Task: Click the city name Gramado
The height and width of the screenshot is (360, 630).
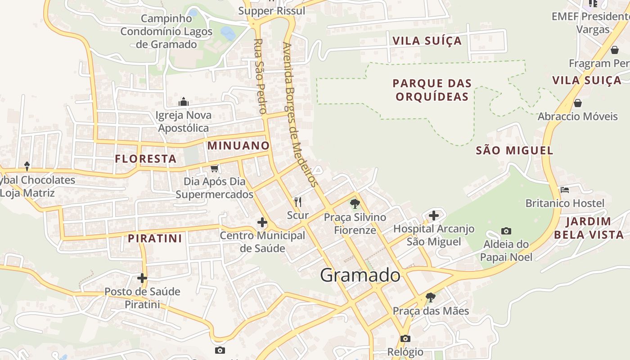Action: pyautogui.click(x=360, y=275)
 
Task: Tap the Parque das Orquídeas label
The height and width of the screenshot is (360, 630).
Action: pyautogui.click(x=432, y=90)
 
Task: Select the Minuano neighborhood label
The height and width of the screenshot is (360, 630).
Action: pyautogui.click(x=238, y=145)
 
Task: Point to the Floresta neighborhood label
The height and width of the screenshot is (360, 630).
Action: pyautogui.click(x=146, y=158)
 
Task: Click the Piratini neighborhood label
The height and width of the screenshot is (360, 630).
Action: pyautogui.click(x=155, y=238)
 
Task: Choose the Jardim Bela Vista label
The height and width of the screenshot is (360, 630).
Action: pyautogui.click(x=589, y=228)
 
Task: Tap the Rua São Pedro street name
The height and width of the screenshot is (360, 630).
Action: pyautogui.click(x=260, y=76)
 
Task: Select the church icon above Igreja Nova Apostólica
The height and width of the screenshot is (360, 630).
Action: pyautogui.click(x=183, y=102)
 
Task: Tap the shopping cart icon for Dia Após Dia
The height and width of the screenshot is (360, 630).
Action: pyautogui.click(x=215, y=168)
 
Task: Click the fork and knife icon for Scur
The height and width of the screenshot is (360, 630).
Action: pyautogui.click(x=297, y=202)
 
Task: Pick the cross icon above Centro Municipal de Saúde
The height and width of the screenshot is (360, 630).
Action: pyautogui.click(x=262, y=222)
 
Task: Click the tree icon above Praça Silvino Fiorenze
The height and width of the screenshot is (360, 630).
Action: pyautogui.click(x=355, y=204)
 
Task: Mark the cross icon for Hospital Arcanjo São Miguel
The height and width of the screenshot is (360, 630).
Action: pyautogui.click(x=434, y=216)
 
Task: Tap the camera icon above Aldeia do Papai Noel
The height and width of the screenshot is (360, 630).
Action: pyautogui.click(x=506, y=231)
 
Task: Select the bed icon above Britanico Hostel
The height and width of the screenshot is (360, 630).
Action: pyautogui.click(x=565, y=190)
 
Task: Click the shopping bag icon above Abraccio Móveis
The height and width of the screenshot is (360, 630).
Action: pyautogui.click(x=578, y=103)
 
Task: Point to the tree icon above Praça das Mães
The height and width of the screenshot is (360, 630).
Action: pyautogui.click(x=431, y=297)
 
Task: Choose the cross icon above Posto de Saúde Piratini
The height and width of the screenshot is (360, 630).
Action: pyautogui.click(x=142, y=278)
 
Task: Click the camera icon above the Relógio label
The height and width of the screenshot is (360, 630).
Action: pyautogui.click(x=405, y=338)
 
